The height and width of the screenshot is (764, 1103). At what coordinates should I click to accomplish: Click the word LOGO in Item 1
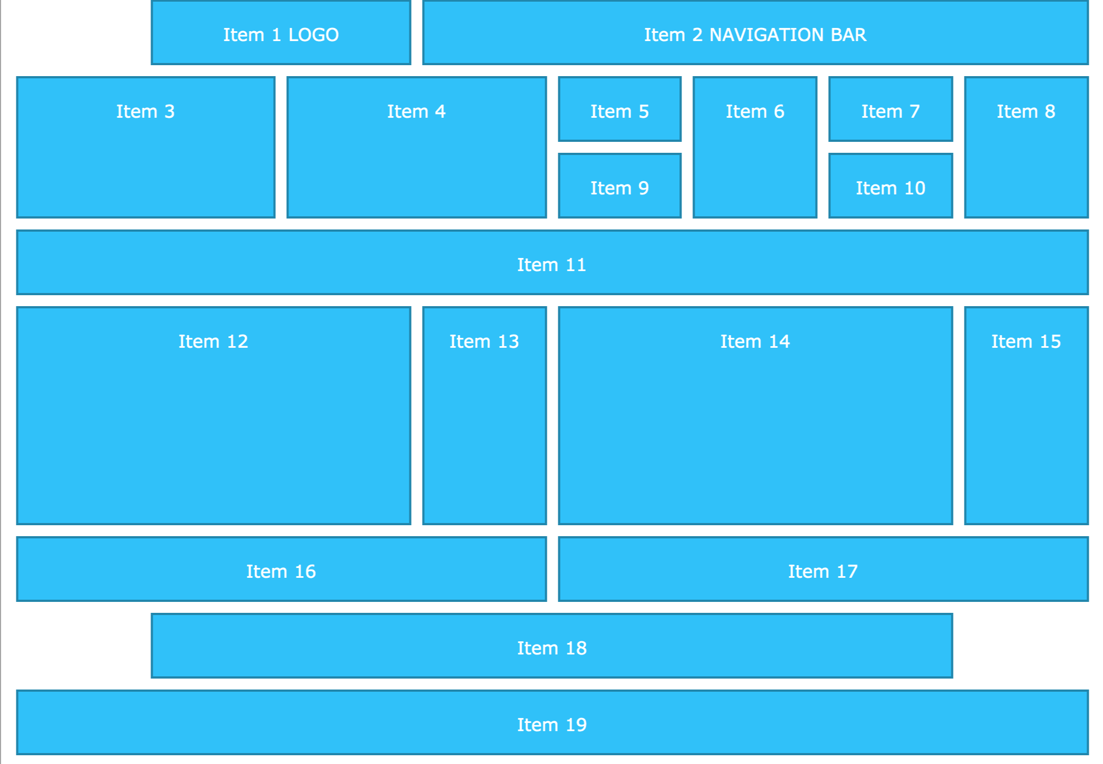(x=314, y=35)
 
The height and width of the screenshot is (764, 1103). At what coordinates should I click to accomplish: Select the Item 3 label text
(x=146, y=112)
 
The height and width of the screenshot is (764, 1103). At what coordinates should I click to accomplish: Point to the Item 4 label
(x=417, y=112)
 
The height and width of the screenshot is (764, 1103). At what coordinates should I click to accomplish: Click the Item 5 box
(x=620, y=110)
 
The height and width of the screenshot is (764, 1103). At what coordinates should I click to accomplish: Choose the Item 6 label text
(x=755, y=112)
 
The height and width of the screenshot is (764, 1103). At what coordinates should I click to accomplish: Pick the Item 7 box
(x=891, y=110)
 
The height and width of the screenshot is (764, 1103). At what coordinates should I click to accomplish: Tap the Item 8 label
(x=1026, y=112)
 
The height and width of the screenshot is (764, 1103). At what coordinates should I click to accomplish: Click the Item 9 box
(x=620, y=186)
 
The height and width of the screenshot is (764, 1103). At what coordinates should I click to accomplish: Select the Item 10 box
(x=891, y=186)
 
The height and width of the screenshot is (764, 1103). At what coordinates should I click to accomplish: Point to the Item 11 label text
(x=552, y=265)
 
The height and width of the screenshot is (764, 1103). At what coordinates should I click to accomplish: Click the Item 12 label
(x=213, y=342)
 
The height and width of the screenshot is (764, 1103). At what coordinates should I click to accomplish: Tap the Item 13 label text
(x=484, y=342)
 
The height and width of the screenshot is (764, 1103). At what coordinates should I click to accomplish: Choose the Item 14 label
(x=755, y=342)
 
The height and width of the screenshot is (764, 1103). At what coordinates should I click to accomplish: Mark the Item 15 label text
(x=1026, y=342)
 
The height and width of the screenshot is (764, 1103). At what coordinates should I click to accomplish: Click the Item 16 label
(x=281, y=572)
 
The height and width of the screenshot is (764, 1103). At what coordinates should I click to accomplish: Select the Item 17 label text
(x=823, y=572)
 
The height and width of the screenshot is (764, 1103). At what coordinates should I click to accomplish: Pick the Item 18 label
(x=552, y=648)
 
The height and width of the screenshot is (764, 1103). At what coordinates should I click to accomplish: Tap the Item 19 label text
(x=552, y=725)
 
